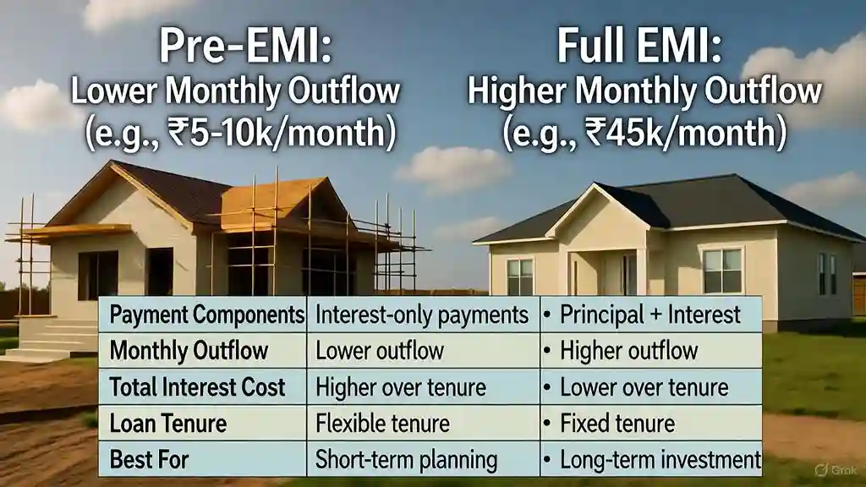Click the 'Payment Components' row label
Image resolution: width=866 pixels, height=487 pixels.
[x=206, y=315]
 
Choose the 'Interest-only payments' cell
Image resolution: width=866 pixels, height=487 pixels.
[x=421, y=315]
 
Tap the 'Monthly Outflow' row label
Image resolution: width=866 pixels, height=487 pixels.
[x=189, y=351]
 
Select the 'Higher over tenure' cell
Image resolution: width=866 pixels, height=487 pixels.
[x=400, y=387]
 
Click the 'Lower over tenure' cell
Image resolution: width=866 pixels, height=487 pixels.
[x=644, y=387]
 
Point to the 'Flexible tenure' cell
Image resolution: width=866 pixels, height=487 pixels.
[x=381, y=423]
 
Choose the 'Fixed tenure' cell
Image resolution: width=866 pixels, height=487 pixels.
[x=617, y=423]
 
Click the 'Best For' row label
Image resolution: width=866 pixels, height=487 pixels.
[x=149, y=460]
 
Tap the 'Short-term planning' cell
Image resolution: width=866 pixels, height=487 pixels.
[x=405, y=460]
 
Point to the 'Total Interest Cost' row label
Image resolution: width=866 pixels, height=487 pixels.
[x=197, y=387]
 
